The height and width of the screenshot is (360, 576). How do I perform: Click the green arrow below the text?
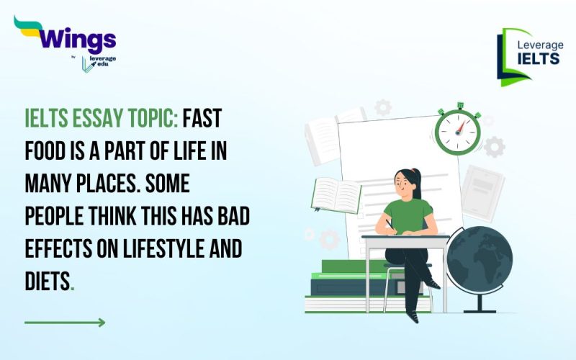click(65, 322)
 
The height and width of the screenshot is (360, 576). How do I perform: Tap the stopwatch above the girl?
click(457, 130)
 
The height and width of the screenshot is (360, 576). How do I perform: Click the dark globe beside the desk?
click(480, 258)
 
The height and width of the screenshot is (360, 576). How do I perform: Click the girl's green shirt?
click(409, 216)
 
